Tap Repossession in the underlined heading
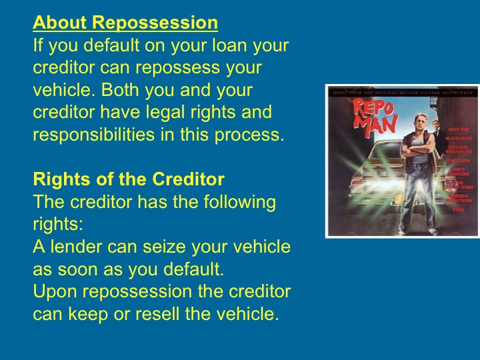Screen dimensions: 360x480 (x=155, y=24)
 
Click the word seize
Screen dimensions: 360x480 (x=155, y=247)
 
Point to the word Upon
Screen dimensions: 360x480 (x=56, y=291)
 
